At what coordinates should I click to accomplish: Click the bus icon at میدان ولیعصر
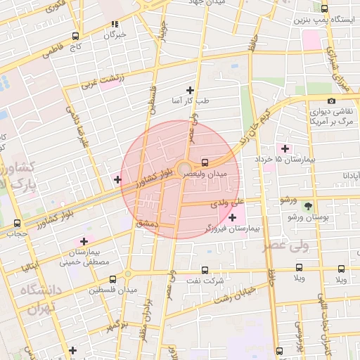(205, 161)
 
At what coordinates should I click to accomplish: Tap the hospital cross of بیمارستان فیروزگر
(233, 218)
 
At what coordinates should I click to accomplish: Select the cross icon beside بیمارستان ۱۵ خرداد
(285, 148)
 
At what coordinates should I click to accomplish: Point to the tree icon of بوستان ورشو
(308, 205)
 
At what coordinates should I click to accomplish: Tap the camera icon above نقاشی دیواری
(332, 101)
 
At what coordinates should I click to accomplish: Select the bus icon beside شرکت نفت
(205, 269)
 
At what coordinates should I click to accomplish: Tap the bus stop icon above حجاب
(17, 223)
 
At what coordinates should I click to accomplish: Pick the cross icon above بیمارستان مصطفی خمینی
(84, 241)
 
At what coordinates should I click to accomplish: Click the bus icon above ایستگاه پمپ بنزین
(324, 8)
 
